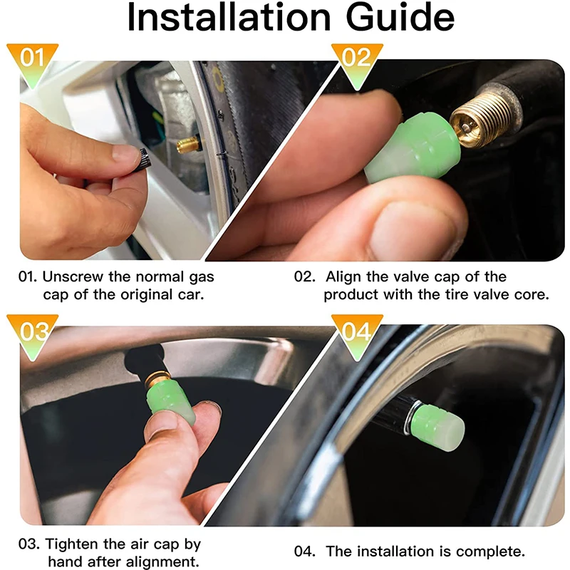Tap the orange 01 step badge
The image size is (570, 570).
(32, 57)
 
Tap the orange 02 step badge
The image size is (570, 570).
(356, 57)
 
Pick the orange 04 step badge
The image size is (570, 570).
(356, 331)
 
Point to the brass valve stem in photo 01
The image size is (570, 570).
(189, 145)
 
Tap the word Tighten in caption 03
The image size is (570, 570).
(72, 544)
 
